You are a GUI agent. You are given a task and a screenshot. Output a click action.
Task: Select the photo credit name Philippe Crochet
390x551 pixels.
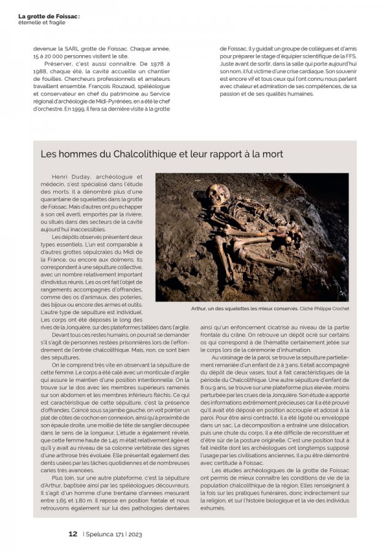point(332,309)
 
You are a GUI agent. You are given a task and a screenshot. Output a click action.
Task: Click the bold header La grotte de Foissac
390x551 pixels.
point(48,7)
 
